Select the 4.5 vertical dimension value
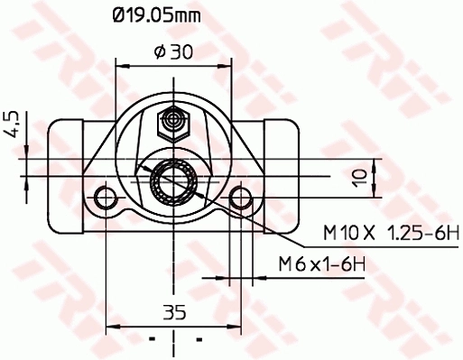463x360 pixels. click(12, 124)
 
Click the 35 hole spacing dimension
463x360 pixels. click(174, 313)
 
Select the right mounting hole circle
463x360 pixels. click(241, 198)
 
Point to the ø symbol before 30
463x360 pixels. click(159, 52)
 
